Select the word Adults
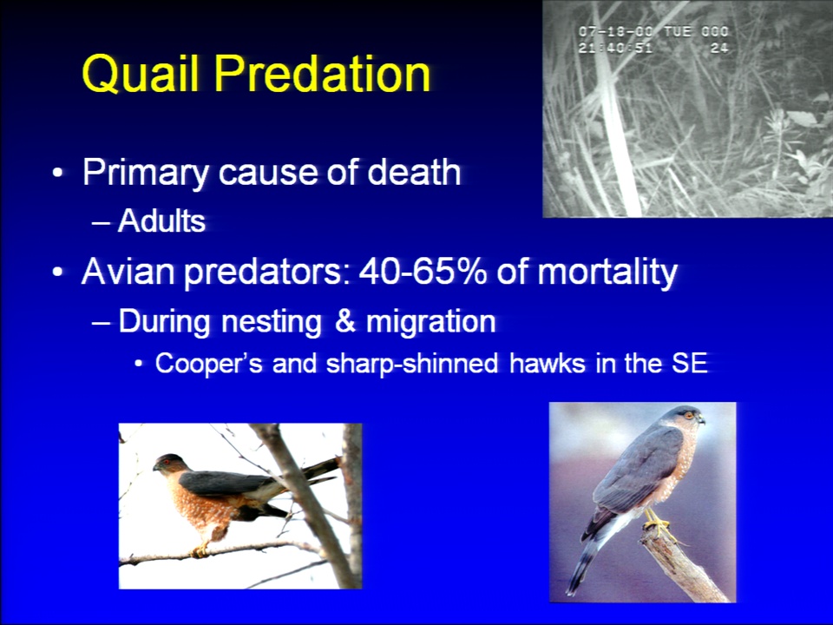[x=161, y=220]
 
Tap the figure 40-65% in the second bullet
[x=423, y=271]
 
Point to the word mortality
[x=607, y=273]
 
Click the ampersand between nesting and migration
[x=345, y=321]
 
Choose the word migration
[x=431, y=322]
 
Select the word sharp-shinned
[x=411, y=364]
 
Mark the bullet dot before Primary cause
[x=57, y=174]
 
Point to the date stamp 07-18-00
[x=616, y=31]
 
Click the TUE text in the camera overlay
[x=678, y=31]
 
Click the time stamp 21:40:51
[x=615, y=48]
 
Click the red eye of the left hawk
[x=167, y=462]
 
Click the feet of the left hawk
[x=200, y=550]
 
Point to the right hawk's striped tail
[x=583, y=562]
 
